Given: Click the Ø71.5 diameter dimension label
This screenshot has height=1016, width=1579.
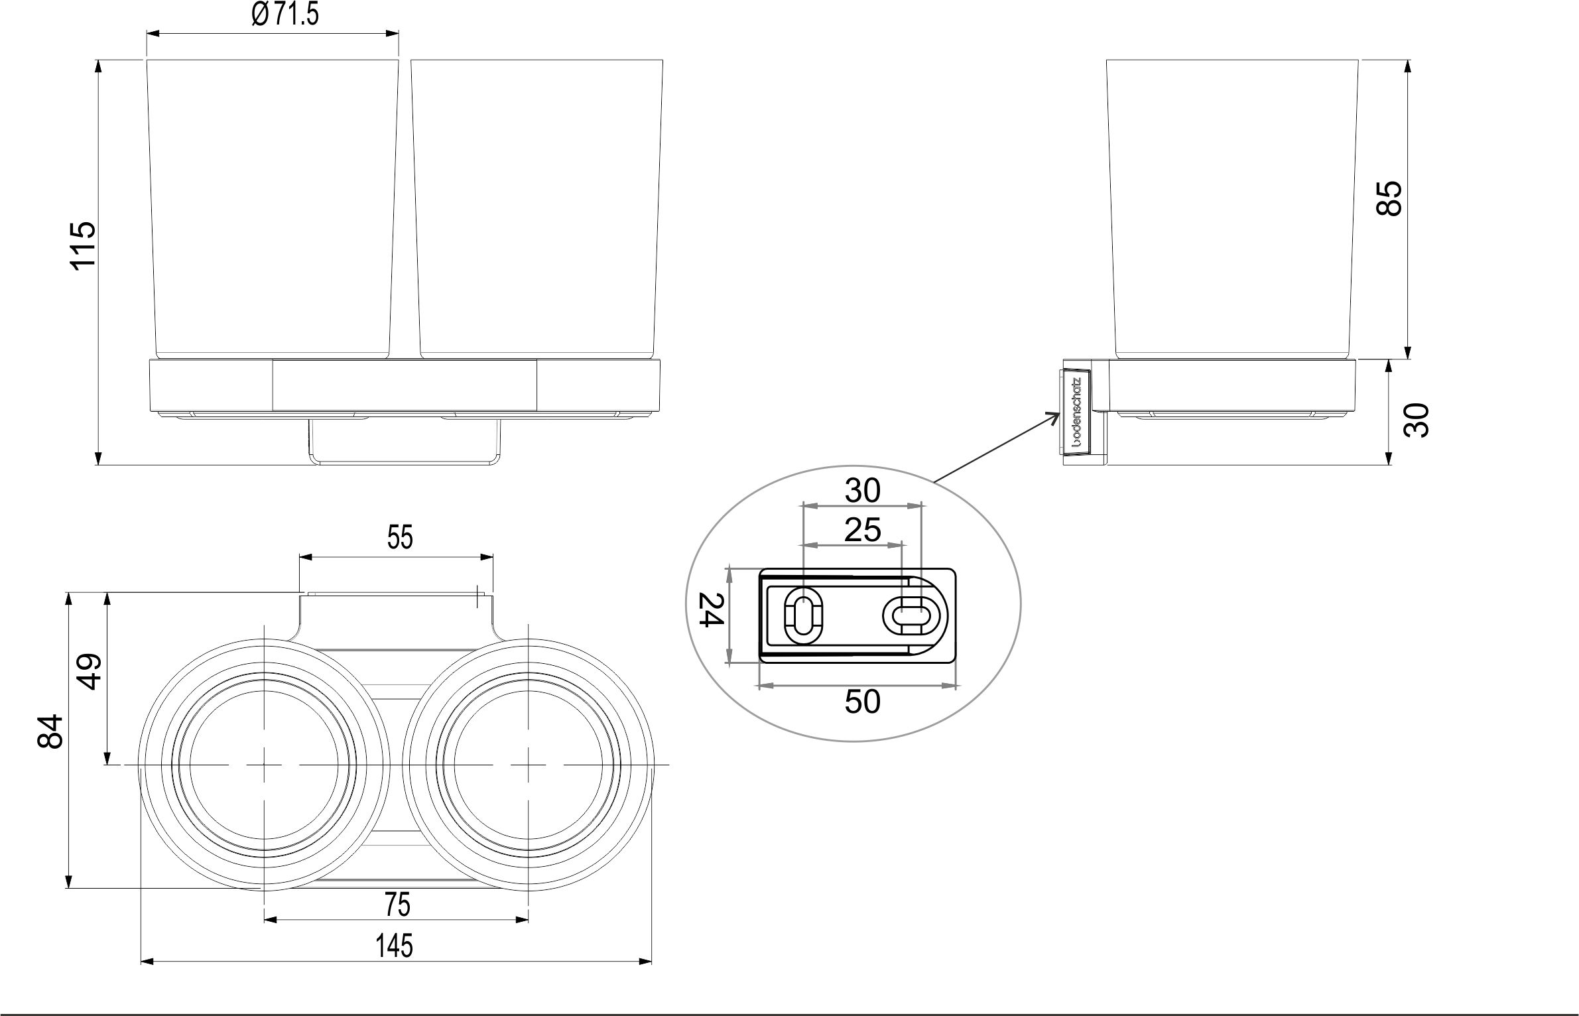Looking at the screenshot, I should pos(285,14).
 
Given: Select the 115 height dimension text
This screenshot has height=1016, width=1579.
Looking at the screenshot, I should pos(84,245).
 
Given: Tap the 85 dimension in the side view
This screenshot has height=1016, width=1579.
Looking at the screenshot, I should pos(1389,198).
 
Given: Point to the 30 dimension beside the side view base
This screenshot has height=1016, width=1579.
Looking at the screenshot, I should pos(1417,420).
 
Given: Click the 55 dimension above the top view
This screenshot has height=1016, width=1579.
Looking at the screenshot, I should pos(400,537).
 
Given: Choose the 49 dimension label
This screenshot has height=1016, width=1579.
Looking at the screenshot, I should pos(88,672).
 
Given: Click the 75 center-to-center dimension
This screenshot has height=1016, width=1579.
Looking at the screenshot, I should pos(397,905).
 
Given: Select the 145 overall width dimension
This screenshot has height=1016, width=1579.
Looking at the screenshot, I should pos(395,946).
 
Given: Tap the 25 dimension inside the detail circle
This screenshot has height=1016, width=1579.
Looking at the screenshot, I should pos(862,530).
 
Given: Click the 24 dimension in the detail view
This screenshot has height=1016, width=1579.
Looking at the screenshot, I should pos(710,609).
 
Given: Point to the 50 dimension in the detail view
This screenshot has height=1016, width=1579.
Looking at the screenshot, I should pos(862,702).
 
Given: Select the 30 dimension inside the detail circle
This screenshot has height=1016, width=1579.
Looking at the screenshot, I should pos(862,491).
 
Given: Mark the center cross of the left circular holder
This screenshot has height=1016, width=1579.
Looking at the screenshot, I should pos(265,765).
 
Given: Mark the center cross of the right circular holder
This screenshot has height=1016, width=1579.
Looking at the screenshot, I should pos(528,765).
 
